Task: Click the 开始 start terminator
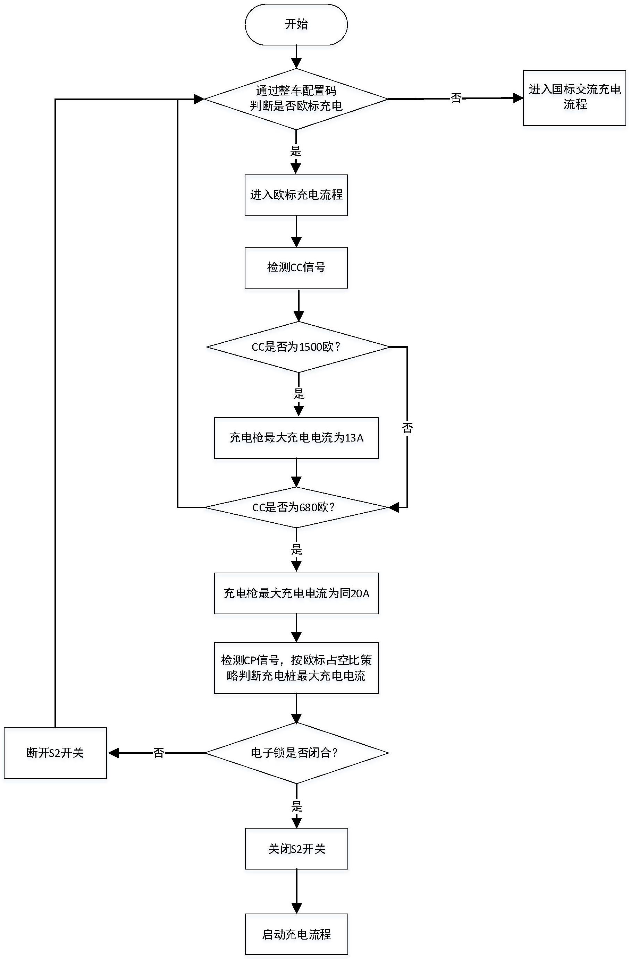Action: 296,25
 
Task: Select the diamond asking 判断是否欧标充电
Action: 296,99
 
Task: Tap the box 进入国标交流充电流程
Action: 574,97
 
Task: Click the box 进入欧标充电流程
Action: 296,195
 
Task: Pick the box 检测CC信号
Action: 296,267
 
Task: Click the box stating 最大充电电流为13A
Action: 296,438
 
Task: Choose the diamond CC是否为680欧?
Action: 296,507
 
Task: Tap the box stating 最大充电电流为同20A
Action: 296,593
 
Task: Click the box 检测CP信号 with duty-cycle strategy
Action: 296,668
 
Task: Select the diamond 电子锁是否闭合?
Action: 296,753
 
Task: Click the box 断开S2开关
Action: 55,753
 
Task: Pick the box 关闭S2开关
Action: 296,849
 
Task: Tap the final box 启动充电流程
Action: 296,934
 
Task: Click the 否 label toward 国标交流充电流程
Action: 456,98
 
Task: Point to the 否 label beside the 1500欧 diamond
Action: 408,428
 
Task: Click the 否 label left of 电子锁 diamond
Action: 159,753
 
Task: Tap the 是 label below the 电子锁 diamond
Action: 296,806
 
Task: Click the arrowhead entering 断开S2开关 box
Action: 113,753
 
